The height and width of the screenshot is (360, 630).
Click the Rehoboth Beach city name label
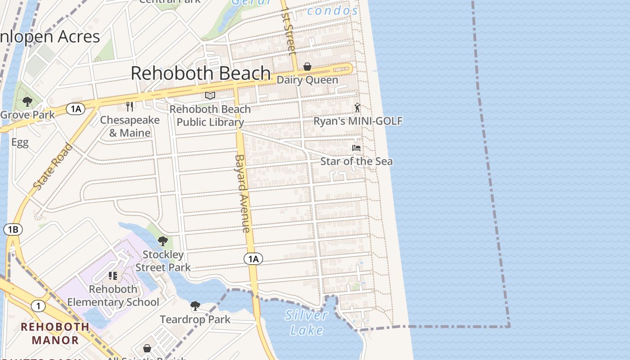coord(201,73)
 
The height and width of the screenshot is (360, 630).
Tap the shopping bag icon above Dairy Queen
coord(307,67)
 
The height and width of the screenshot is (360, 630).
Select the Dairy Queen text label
coord(307,80)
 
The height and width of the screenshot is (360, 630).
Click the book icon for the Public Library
coord(210,95)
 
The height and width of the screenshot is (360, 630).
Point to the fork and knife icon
coord(130,107)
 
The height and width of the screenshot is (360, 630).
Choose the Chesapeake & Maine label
coord(130,126)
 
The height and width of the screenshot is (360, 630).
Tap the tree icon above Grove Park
coord(27,101)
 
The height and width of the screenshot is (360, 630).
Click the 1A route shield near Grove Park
coord(76,109)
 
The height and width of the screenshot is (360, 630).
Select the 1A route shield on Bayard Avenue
coord(253,259)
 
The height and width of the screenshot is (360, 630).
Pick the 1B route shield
coord(13,229)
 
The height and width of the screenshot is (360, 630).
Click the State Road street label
coord(53,166)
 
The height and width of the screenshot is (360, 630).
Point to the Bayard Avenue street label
coord(242,193)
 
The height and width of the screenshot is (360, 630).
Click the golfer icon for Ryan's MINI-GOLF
coord(357,108)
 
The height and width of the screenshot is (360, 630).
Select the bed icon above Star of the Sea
coord(356,148)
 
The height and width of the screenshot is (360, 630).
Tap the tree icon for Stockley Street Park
coord(163,242)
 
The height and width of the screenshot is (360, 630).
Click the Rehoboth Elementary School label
coord(113,296)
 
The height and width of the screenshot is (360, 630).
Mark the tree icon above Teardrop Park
coord(195,306)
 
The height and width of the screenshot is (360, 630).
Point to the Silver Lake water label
coord(306,323)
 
